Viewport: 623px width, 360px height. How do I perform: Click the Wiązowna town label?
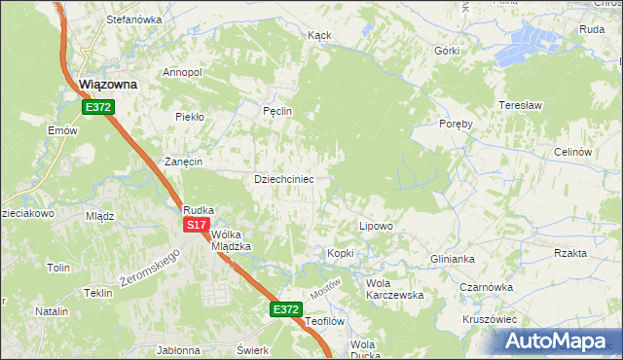pos(107,85)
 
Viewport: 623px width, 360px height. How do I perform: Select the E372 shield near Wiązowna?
pos(97,107)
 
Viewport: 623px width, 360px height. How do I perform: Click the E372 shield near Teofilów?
pos(285,309)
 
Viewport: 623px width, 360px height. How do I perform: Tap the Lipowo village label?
pos(376,226)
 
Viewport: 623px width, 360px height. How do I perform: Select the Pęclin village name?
pos(277,111)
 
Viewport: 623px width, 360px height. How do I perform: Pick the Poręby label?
pos(456,125)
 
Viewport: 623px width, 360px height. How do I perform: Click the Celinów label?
pos(572,152)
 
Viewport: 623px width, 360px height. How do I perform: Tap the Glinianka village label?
pos(452,259)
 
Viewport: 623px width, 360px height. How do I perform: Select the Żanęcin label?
pos(183,162)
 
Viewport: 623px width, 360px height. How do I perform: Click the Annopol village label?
pos(182,72)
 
